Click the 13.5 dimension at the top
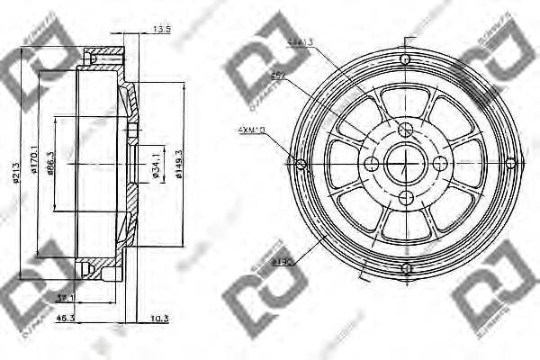point(162,30)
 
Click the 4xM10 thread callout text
point(254,129)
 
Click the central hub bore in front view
point(405,163)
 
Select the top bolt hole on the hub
point(405,127)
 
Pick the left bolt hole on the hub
point(369,163)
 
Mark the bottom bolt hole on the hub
point(405,199)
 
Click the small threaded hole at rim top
point(405,58)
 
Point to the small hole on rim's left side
point(301,163)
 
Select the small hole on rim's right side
point(510,163)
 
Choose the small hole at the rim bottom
point(405,268)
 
